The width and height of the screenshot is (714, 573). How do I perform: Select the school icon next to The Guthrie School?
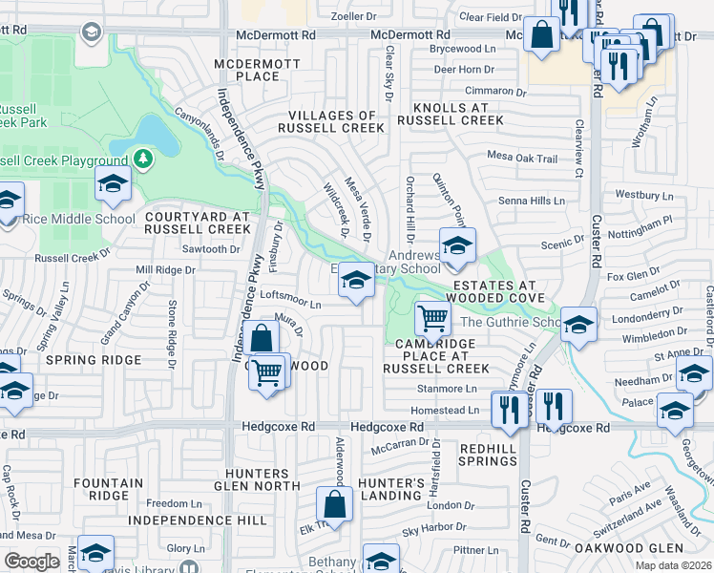pos(578,325)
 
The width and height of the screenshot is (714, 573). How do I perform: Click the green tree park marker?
pos(142,158)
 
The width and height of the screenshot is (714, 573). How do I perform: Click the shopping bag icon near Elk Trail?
pos(334,503)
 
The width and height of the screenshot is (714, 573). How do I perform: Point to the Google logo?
pos(31,562)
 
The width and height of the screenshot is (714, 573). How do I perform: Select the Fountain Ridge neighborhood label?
pos(108,490)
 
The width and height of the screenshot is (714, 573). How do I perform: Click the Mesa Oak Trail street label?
pos(521,159)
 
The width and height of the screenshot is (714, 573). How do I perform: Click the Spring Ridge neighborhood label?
pos(97,361)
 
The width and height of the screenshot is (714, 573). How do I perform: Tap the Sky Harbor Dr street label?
pos(437,530)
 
